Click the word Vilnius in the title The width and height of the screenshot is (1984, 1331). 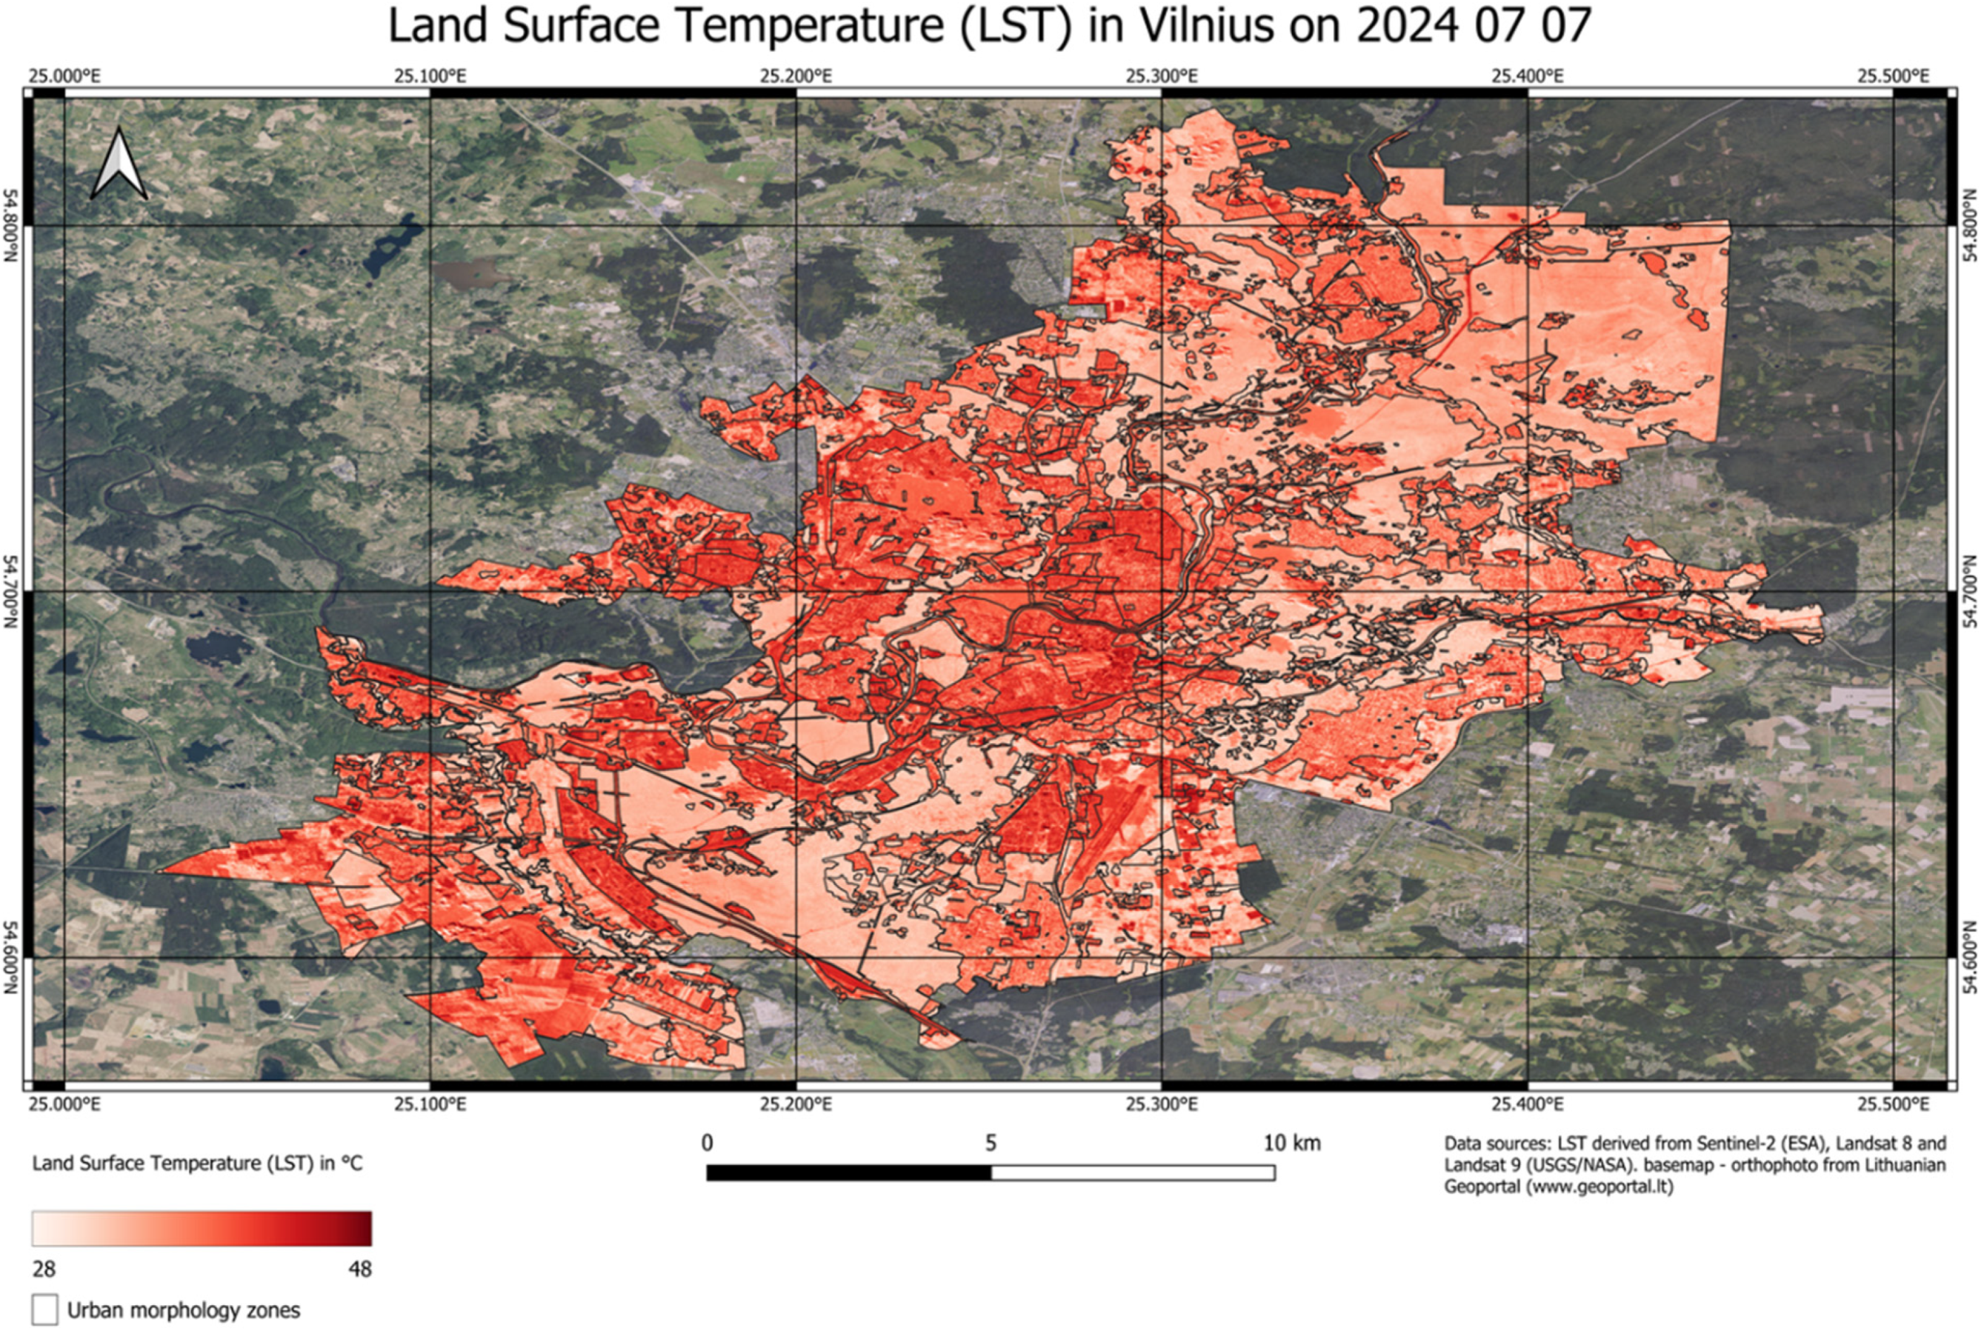coord(1206,25)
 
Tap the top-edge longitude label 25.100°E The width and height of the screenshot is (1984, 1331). coord(430,76)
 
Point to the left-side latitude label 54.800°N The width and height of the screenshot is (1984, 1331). coord(11,226)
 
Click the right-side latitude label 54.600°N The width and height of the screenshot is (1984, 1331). coord(1971,958)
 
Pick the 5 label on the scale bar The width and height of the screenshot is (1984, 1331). coord(990,1143)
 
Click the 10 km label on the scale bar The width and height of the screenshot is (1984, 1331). coord(1291,1143)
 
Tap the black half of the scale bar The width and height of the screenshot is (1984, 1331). coord(848,1172)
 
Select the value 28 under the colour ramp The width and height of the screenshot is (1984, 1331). coord(44,1269)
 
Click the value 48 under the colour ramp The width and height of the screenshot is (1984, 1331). coord(360,1269)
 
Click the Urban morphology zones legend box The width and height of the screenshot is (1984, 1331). coord(45,1310)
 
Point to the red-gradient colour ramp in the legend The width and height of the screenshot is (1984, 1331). coord(202,1228)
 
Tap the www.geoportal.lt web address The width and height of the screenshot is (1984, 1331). coord(1599,1186)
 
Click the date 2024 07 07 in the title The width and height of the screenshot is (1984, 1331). coord(1473,25)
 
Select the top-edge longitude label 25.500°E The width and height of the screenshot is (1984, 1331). coord(1892,76)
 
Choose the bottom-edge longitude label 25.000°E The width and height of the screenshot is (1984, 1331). coord(64,1104)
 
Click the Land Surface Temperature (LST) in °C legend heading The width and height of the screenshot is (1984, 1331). coord(197,1163)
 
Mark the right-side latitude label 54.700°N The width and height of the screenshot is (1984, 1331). coord(1971,591)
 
